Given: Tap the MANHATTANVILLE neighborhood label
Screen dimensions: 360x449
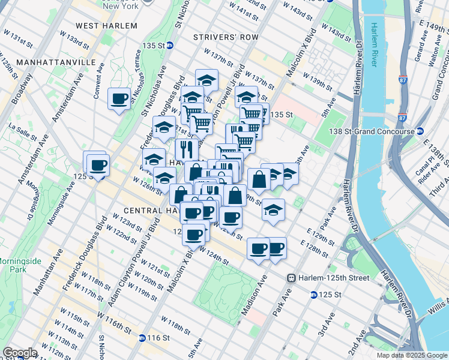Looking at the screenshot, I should coord(56,62).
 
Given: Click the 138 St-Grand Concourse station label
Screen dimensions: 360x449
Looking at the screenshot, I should coord(370,131).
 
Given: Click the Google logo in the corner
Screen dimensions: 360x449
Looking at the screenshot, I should coord(20,353).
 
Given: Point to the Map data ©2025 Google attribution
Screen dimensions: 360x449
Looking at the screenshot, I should coord(412,355).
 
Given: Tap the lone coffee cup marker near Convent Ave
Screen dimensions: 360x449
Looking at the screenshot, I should coord(119,98).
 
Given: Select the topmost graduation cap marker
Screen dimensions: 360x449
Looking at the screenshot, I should coord(206,80).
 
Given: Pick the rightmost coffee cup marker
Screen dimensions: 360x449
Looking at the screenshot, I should coord(276,248).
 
